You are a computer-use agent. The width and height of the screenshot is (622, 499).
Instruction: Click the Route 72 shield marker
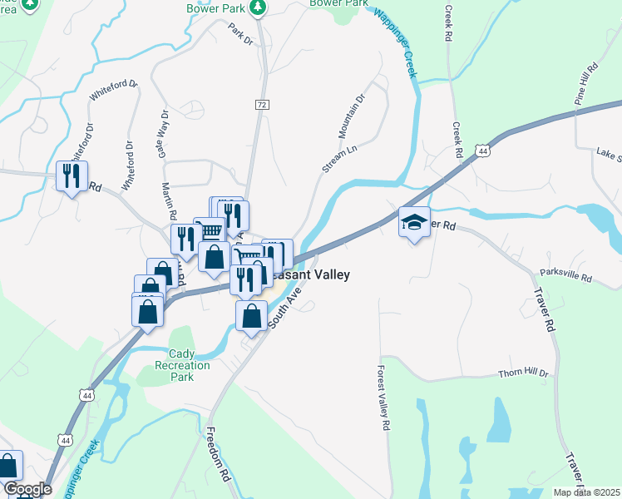(262, 105)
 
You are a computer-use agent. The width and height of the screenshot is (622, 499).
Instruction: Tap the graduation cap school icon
(414, 222)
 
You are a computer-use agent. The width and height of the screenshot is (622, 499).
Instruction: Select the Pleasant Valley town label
(312, 274)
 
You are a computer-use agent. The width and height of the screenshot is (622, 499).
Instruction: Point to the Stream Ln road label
(333, 157)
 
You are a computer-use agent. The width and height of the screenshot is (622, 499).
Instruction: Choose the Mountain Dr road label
(352, 116)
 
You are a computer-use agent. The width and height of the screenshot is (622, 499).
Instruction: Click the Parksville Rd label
(565, 274)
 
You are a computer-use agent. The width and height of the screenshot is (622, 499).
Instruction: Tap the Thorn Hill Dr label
(524, 373)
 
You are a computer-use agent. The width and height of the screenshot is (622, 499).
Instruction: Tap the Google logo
(27, 489)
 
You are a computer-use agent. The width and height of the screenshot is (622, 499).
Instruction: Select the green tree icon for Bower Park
(258, 7)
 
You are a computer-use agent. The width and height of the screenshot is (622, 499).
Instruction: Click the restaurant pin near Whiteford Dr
(71, 175)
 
